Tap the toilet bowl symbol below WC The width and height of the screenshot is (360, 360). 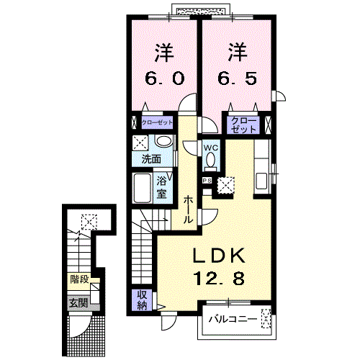210,163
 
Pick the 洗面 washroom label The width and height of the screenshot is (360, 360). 150,159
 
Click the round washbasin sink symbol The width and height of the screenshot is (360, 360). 164,142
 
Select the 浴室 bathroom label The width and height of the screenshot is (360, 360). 163,188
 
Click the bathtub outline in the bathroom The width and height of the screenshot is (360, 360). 143,190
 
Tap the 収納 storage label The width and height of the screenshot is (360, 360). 142,300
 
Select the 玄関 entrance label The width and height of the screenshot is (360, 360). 78,302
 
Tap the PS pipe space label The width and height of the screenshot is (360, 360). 206,181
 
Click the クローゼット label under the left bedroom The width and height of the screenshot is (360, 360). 156,122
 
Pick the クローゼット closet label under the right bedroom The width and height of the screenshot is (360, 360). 243,124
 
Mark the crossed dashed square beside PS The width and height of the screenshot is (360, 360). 226,184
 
